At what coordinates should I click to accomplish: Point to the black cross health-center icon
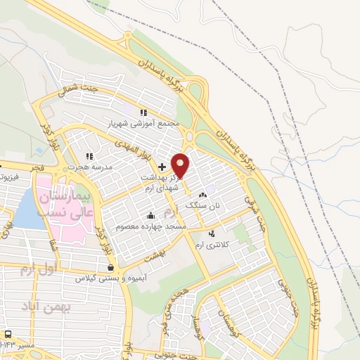162,167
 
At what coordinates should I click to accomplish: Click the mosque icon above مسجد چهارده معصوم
150,216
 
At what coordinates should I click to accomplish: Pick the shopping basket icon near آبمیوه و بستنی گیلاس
111,267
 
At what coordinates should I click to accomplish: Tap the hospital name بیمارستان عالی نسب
64,203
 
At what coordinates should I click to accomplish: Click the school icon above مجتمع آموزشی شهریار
143,112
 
